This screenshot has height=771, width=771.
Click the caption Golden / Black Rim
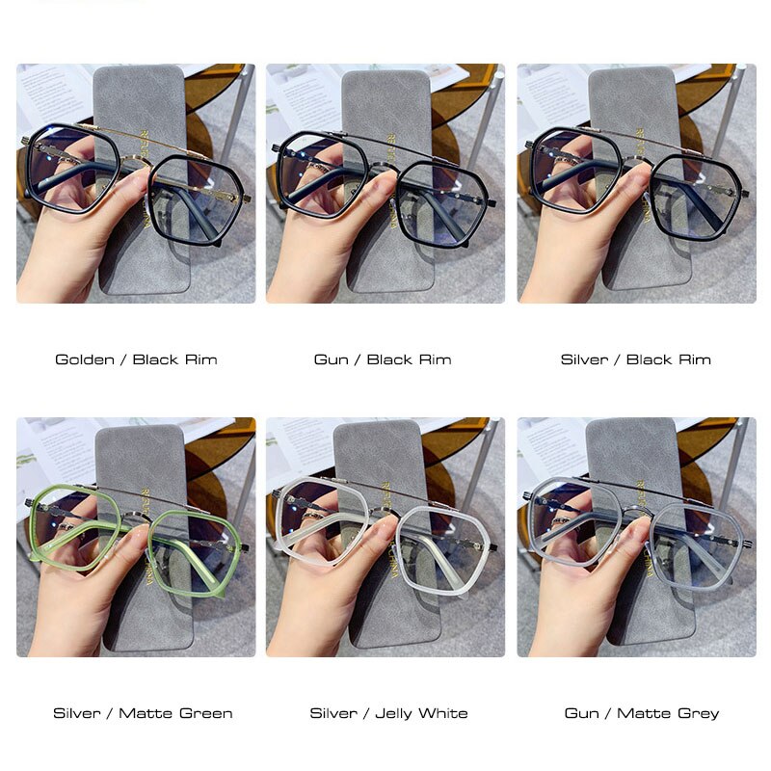136,359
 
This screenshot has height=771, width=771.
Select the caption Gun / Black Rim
383,359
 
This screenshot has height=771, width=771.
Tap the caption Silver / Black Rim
636,359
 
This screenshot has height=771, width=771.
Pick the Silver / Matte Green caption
143,713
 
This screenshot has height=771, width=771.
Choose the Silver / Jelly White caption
388,713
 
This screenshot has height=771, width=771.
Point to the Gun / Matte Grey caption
642,713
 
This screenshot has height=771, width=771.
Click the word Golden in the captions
84,359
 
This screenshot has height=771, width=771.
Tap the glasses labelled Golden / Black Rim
193,193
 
